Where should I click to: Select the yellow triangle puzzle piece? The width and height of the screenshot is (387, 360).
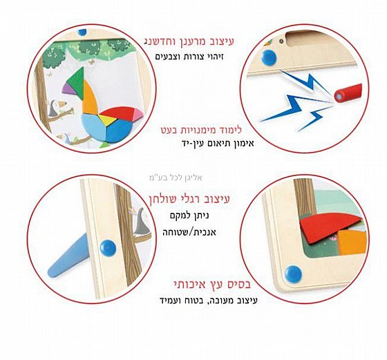coord(108,120)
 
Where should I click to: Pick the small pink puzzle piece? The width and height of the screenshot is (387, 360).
coord(138,114)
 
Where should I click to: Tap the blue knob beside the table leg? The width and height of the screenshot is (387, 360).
coord(108,248)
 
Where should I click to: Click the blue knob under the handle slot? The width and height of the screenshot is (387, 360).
coord(269,58)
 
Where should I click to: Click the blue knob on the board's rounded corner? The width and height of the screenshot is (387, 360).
coord(293,274)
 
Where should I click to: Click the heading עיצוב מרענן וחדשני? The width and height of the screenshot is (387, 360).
coord(189,41)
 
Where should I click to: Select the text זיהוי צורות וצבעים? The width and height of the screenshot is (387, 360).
coord(189,57)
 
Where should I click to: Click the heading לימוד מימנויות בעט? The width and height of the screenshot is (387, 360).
coord(201,130)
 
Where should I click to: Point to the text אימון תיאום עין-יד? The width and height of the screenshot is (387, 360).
coord(218,143)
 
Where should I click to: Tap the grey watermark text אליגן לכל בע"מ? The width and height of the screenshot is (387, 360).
coord(176,178)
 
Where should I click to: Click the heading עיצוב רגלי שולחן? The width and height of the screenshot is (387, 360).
coord(189,199)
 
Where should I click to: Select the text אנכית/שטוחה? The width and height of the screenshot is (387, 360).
coord(189,232)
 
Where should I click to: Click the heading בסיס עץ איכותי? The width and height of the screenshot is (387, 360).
coord(212,284)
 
